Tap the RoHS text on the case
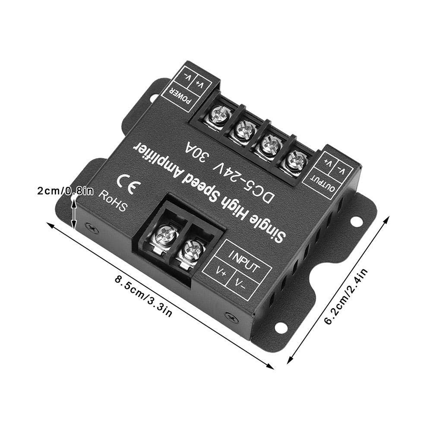[x=113, y=202]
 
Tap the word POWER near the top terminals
[x=181, y=97]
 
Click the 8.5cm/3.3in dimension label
[x=143, y=296]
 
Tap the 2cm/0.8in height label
[x=65, y=191]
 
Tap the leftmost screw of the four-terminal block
[x=219, y=115]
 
